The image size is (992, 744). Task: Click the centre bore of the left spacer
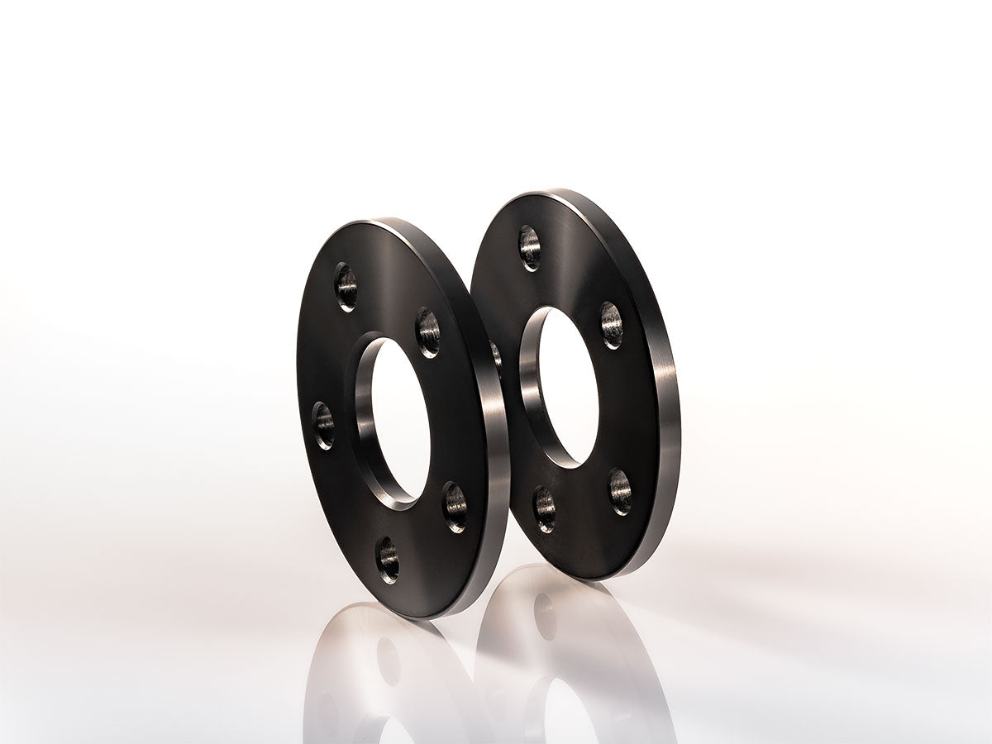pyautogui.click(x=400, y=420)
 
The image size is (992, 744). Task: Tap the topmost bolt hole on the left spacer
pyautogui.click(x=346, y=286)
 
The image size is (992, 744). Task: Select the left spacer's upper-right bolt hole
pyautogui.click(x=427, y=331)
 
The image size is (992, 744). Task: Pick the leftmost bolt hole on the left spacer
pyautogui.click(x=323, y=425)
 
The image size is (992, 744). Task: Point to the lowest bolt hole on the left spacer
pyautogui.click(x=388, y=560)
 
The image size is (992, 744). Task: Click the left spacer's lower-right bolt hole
pyautogui.click(x=455, y=507)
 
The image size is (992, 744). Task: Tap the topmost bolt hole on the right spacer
pyautogui.click(x=530, y=247)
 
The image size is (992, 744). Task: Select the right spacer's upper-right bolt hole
pyautogui.click(x=611, y=324)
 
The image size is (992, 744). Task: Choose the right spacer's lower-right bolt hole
pyautogui.click(x=620, y=491)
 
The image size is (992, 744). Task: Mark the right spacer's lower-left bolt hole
pyautogui.click(x=544, y=509)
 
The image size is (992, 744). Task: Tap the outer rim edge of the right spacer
pyautogui.click(x=668, y=413)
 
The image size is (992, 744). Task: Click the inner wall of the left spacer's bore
pyautogui.click(x=366, y=413)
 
